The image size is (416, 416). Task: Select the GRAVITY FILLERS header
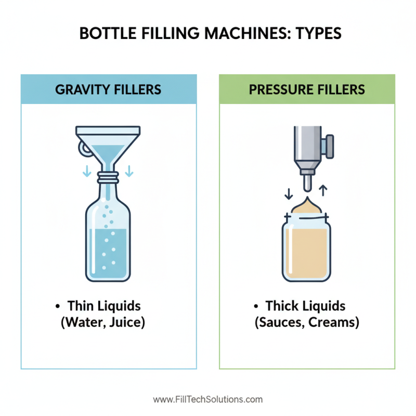(x=109, y=89)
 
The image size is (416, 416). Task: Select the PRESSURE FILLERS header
(x=307, y=89)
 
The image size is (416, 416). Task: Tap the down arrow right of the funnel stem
(x=129, y=170)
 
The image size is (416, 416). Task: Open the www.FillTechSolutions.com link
(x=208, y=400)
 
